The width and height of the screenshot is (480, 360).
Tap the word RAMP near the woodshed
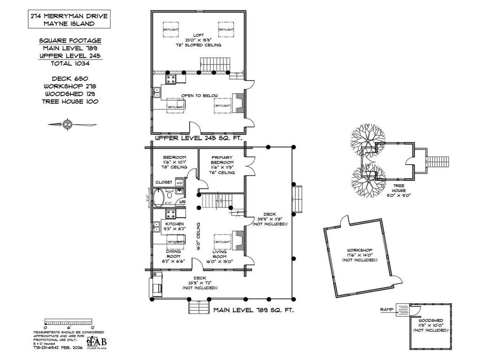point(387,310)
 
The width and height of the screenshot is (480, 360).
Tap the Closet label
point(164,182)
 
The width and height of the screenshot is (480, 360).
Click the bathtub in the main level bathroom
point(159,198)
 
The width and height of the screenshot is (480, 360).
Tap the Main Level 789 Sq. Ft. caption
point(254,310)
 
